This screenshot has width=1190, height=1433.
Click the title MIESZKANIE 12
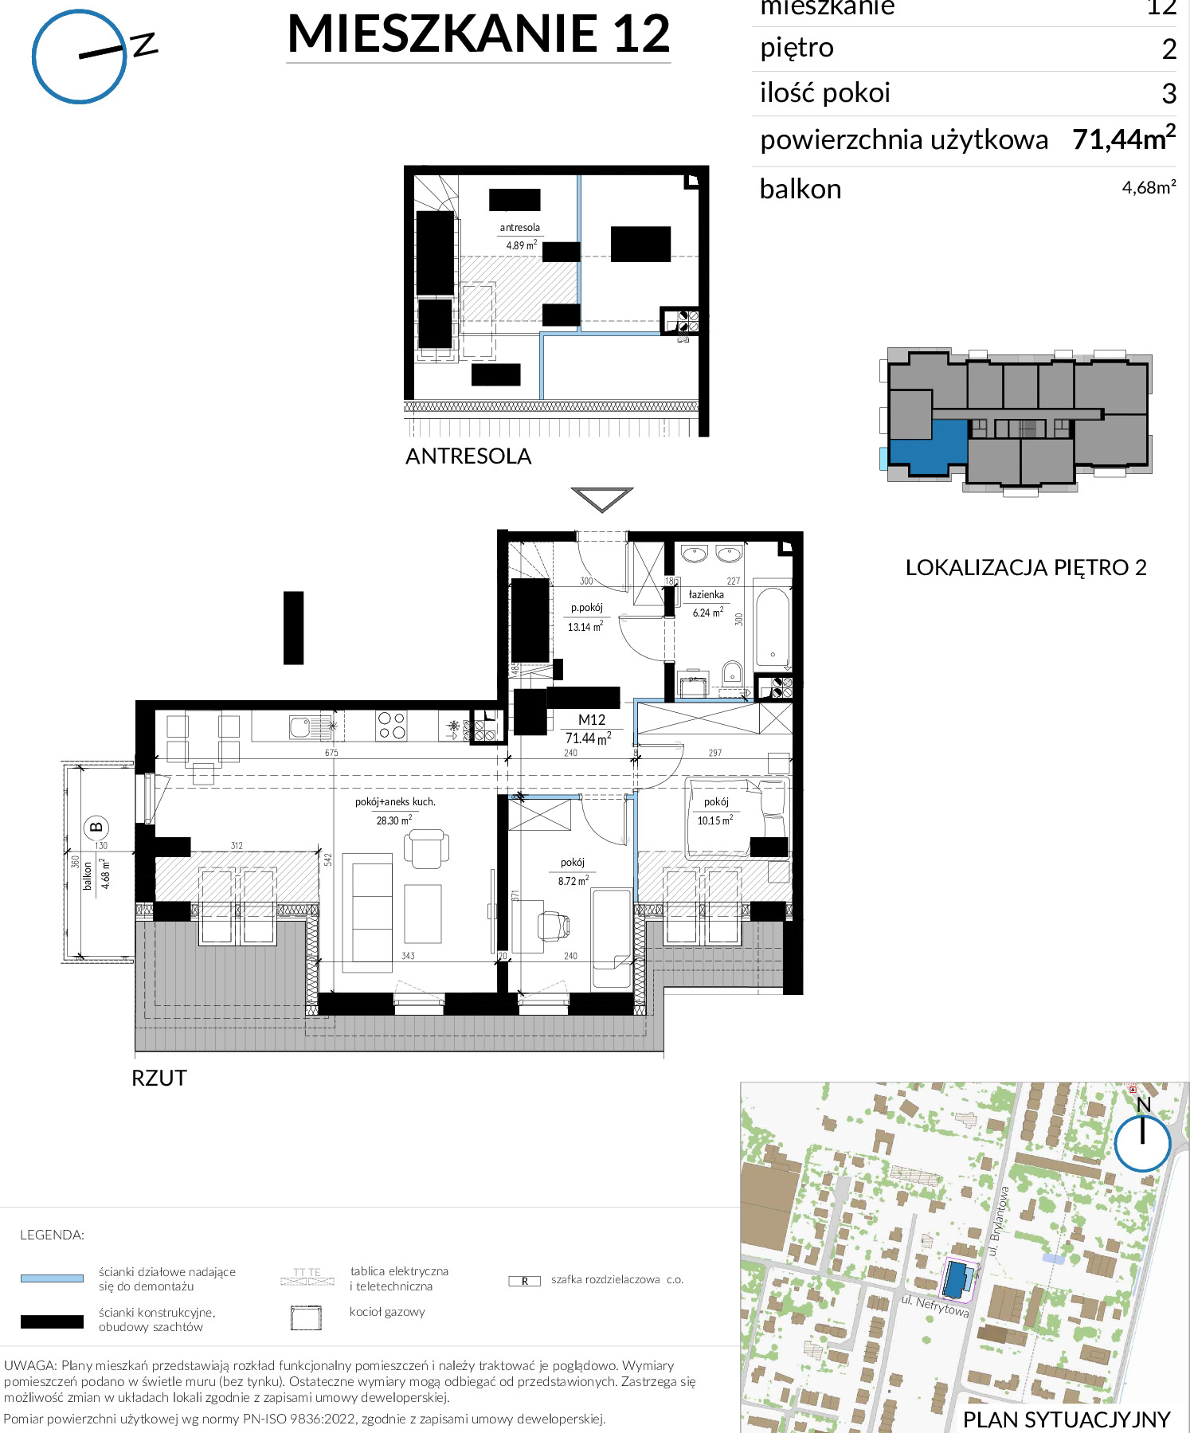(479, 34)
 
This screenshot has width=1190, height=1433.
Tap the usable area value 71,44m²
(1124, 139)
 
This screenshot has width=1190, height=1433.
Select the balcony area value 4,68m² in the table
(1149, 187)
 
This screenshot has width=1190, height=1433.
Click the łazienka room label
(707, 595)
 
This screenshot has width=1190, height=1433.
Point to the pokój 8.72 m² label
(573, 871)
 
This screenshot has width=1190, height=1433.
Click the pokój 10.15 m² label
(715, 811)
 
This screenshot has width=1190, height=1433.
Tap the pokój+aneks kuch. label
(395, 802)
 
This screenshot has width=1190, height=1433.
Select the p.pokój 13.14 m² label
(586, 617)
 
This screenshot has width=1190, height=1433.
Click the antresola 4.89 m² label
(520, 237)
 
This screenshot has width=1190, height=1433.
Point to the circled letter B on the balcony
(96, 828)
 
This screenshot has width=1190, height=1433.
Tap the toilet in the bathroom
(732, 674)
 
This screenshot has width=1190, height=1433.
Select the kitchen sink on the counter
(301, 726)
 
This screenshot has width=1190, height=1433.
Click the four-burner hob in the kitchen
(392, 726)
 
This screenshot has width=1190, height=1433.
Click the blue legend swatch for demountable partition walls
(52, 1278)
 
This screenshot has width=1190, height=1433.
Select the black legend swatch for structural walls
(52, 1321)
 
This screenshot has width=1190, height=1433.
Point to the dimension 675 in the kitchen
(331, 753)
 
